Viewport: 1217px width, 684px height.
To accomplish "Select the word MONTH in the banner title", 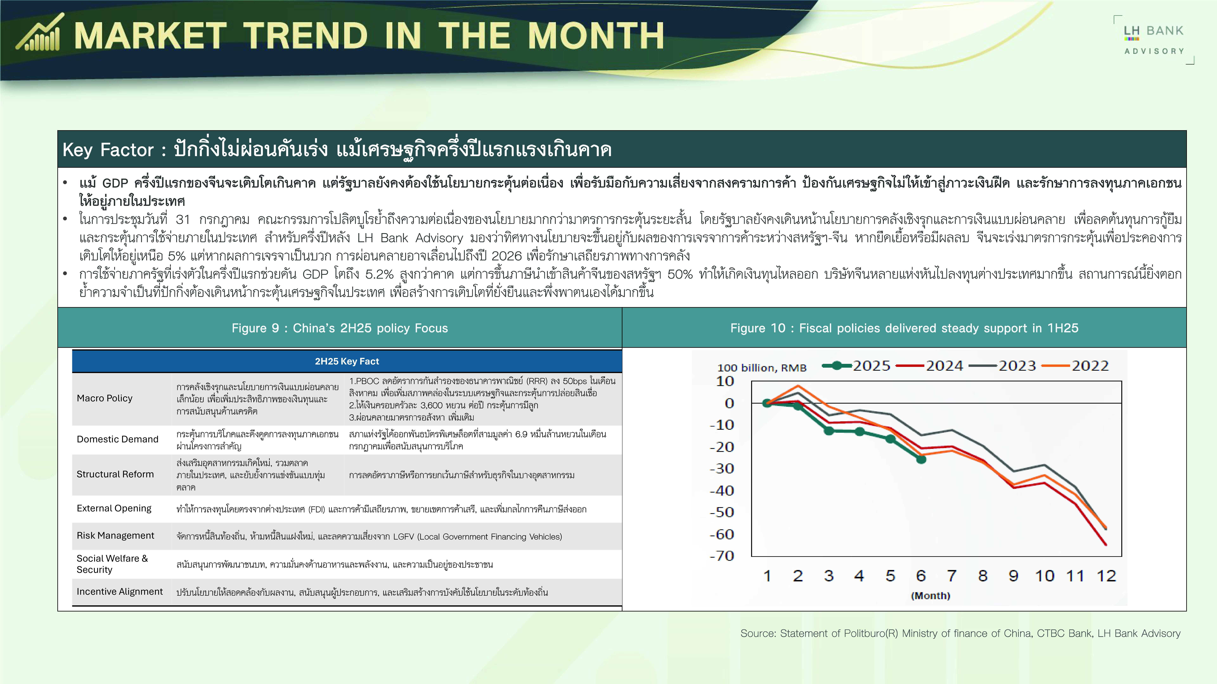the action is [596, 36].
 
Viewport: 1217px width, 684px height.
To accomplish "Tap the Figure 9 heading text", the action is [340, 328].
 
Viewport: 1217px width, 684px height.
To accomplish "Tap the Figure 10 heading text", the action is [904, 328].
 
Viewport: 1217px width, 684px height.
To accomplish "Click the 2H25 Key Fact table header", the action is [347, 361].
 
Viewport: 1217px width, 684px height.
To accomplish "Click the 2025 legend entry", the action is [856, 366].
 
